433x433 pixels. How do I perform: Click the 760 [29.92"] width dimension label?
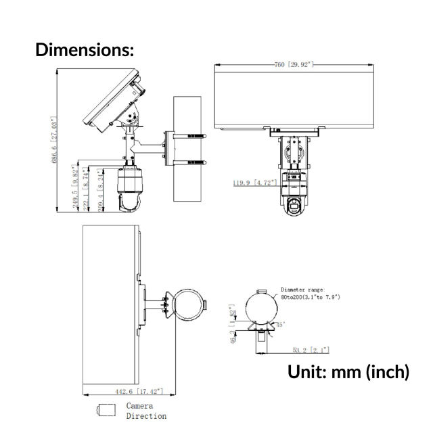click(292, 64)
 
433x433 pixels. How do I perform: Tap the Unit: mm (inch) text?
click(348, 371)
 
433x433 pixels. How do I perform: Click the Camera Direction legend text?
click(146, 411)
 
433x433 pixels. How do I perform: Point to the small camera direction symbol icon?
click(106, 409)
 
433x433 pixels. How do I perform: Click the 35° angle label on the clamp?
click(279, 325)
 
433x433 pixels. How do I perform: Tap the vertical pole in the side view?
click(187, 149)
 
